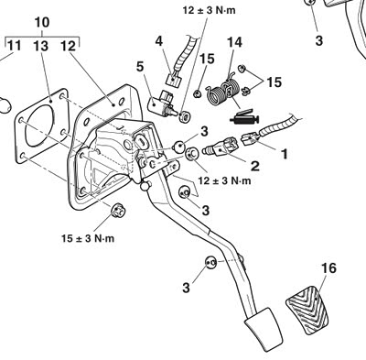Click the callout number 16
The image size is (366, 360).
click(x=328, y=268)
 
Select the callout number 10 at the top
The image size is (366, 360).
click(x=42, y=23)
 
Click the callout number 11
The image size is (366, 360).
click(x=15, y=46)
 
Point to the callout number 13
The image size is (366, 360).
click(x=41, y=46)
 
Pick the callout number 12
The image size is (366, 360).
click(x=68, y=46)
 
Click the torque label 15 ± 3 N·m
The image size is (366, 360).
click(x=88, y=238)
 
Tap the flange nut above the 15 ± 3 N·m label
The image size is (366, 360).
click(x=117, y=211)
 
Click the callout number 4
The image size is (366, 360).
click(x=159, y=41)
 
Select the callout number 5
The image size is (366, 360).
click(x=140, y=67)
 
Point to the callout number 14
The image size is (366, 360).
click(x=234, y=42)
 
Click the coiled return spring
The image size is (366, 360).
click(x=222, y=90)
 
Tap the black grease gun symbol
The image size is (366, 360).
click(x=244, y=118)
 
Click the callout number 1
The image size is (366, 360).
click(x=285, y=155)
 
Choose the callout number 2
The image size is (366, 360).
click(x=255, y=166)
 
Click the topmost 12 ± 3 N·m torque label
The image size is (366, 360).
click(x=210, y=10)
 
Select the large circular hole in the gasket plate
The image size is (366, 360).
click(x=39, y=125)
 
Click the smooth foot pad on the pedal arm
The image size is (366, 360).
click(x=264, y=326)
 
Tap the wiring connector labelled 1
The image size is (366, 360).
click(x=251, y=138)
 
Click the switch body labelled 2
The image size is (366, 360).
click(x=221, y=147)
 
